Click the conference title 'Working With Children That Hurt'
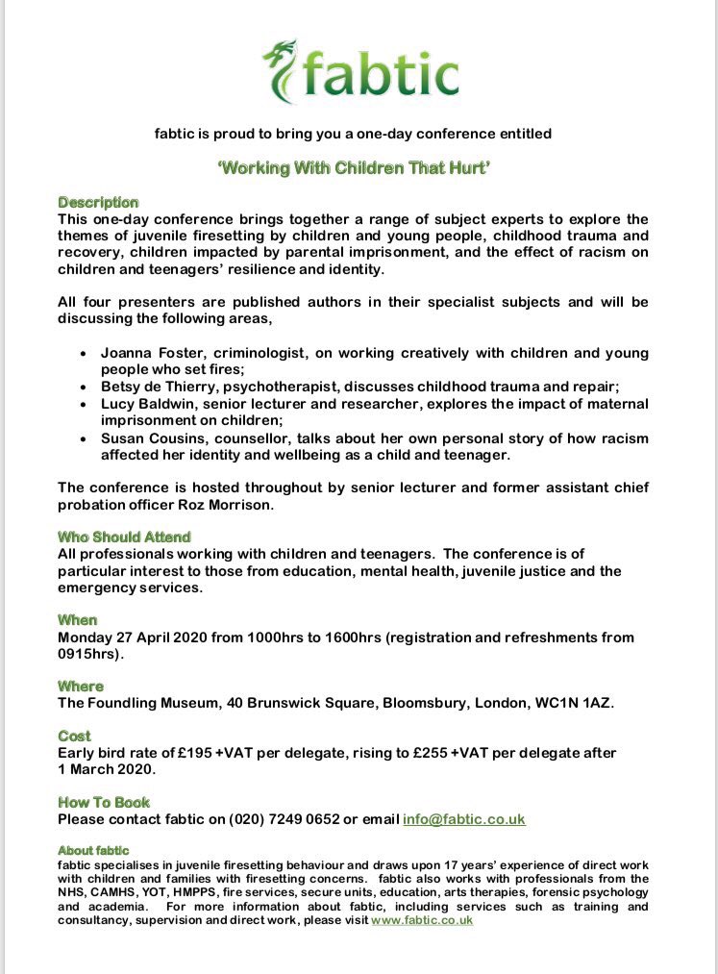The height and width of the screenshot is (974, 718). [359, 165]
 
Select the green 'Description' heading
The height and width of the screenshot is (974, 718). [98, 203]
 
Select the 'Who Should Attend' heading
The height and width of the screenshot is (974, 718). [124, 537]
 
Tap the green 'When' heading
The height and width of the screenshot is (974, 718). [78, 620]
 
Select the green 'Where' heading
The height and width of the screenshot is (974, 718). [81, 687]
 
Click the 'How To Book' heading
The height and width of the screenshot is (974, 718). [104, 802]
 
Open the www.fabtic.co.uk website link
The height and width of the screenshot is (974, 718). [422, 920]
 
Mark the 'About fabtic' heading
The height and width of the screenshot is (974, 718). [89, 851]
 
